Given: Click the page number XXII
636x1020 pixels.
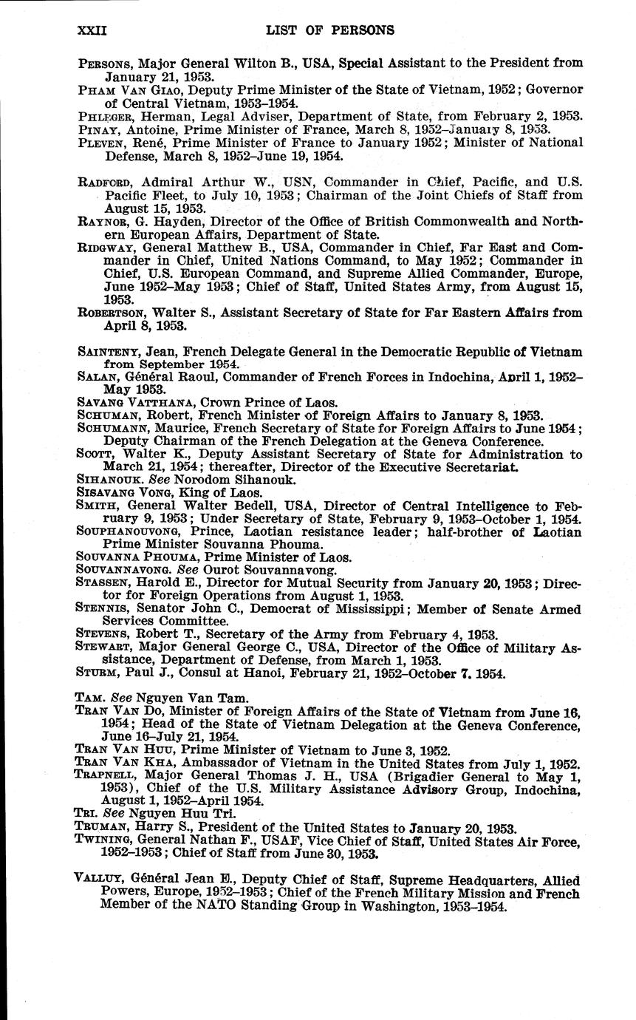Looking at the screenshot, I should (92, 30).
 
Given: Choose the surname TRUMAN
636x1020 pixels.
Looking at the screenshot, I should (101, 829).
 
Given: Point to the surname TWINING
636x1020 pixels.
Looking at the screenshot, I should (103, 841).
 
